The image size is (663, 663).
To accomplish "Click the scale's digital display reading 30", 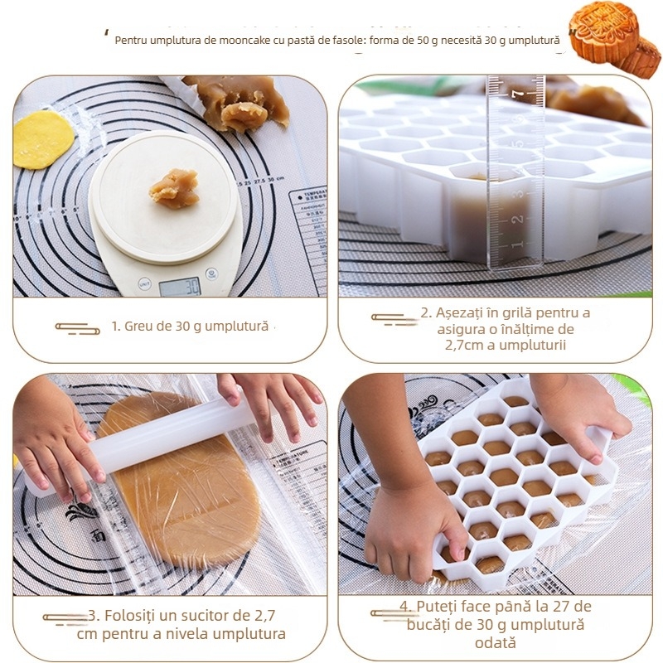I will click(180, 287).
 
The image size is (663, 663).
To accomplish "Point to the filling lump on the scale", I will click(174, 188).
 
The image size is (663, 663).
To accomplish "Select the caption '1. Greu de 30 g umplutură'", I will click(190, 327).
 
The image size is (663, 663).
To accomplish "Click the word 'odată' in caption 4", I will click(495, 642).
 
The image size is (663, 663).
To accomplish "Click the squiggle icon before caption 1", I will click(78, 328).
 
